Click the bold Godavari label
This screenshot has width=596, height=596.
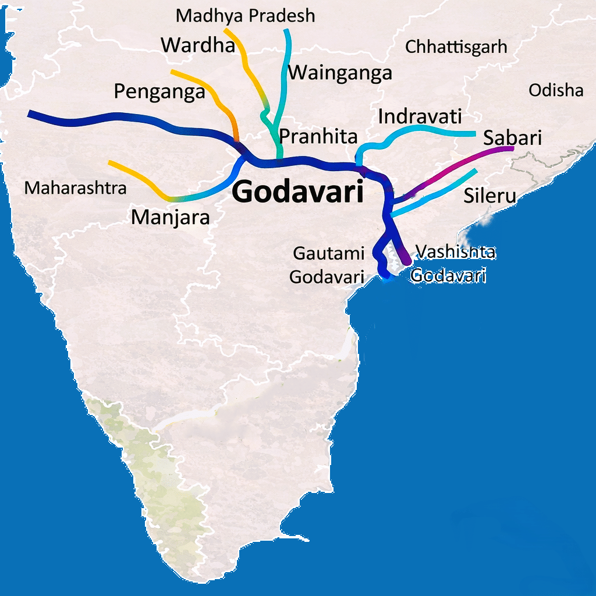click(298, 192)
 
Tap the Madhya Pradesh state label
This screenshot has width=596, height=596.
click(245, 16)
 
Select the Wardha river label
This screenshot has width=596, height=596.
click(198, 45)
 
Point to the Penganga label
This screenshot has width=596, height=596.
click(159, 91)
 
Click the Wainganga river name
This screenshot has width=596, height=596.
click(340, 73)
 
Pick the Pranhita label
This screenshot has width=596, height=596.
click(318, 136)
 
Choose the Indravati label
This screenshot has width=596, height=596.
click(420, 116)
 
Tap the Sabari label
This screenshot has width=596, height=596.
click(512, 138)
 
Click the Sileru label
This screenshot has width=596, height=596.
click(489, 196)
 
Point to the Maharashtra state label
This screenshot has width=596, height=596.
click(76, 188)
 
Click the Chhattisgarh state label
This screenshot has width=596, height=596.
click(456, 47)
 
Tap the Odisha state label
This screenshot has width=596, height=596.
click(556, 90)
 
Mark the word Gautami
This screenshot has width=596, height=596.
click(329, 254)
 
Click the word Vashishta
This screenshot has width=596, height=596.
click(455, 251)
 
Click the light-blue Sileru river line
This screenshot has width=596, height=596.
click(442, 192)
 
